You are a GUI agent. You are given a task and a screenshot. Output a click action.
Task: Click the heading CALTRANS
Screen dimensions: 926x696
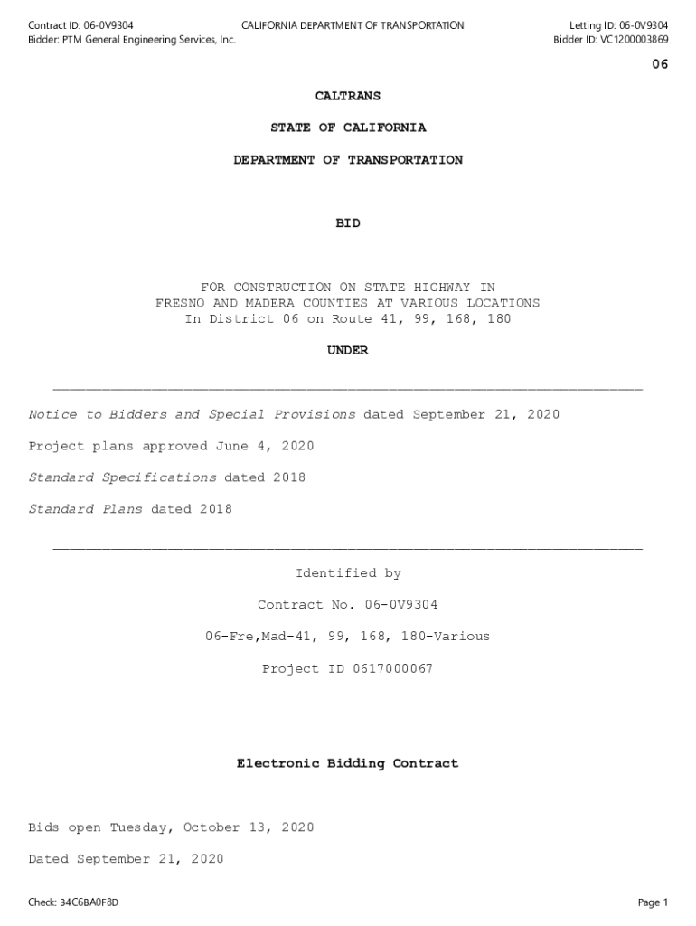pos(347,96)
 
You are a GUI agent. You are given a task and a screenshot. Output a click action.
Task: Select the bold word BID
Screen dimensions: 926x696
pos(347,223)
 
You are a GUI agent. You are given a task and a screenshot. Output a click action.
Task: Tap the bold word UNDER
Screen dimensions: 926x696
pos(347,351)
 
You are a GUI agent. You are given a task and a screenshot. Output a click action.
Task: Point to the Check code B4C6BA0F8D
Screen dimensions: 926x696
pos(89,902)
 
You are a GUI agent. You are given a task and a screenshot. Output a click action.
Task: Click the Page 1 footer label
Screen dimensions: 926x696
pos(652,902)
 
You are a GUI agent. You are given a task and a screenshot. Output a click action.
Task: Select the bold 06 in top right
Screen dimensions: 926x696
pos(660,65)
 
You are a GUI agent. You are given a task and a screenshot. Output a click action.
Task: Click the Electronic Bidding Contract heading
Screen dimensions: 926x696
pos(347,764)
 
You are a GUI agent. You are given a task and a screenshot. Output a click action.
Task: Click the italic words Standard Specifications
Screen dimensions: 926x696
pos(122,478)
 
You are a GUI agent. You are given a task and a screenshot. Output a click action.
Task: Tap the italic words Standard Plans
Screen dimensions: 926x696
pos(85,510)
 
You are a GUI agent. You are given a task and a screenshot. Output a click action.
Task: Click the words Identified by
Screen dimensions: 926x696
pos(348,573)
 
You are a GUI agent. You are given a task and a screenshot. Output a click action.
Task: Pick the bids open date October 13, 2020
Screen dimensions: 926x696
pos(249,828)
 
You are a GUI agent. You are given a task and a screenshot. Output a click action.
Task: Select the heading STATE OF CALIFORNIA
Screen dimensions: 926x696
pos(347,128)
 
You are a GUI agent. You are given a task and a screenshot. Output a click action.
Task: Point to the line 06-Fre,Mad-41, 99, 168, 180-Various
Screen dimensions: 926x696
pos(347,637)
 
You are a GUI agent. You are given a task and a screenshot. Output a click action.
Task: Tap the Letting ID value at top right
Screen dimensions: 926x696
pos(644,25)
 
